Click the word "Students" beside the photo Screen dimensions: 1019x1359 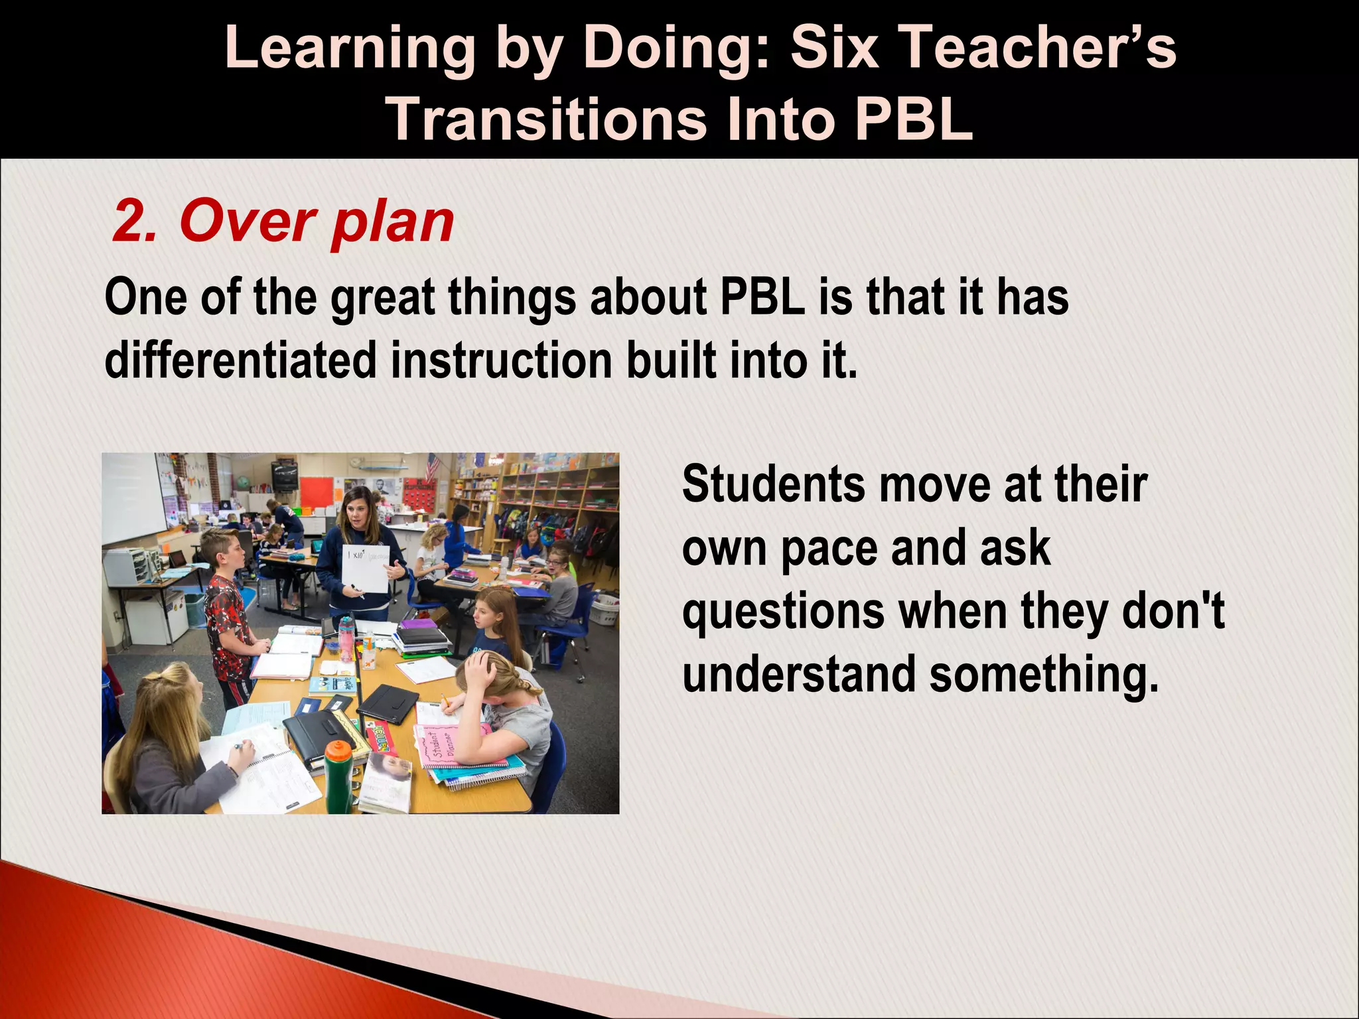[773, 484]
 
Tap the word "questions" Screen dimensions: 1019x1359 [783, 612]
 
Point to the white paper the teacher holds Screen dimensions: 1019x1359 [364, 568]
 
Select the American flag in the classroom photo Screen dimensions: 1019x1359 [433, 468]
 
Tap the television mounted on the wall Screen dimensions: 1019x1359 [285, 475]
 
